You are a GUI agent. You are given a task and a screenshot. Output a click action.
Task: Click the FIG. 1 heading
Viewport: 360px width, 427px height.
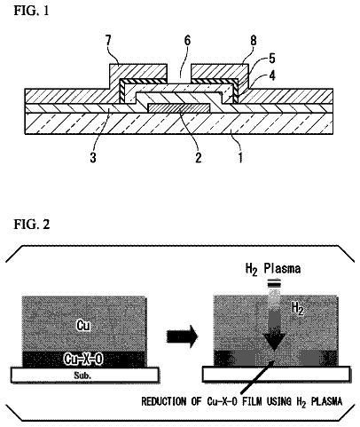click(x=31, y=11)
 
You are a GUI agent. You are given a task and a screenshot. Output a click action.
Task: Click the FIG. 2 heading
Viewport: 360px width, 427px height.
click(x=32, y=225)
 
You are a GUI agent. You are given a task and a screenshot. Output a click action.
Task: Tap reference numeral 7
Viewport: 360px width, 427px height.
click(x=108, y=41)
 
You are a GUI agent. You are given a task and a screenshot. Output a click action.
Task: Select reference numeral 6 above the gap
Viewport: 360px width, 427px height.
click(x=187, y=41)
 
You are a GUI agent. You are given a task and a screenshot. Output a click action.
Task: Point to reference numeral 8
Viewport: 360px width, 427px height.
click(x=254, y=41)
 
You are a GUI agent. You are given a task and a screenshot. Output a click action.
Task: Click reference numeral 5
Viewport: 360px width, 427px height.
click(x=272, y=59)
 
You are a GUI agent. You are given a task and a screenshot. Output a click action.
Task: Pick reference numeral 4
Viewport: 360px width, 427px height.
click(x=272, y=75)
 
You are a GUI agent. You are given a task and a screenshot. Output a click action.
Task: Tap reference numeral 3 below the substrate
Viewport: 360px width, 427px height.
click(x=93, y=157)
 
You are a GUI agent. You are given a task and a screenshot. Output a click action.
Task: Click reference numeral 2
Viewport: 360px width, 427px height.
click(x=199, y=157)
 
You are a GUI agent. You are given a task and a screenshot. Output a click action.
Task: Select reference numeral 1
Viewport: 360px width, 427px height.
click(x=241, y=157)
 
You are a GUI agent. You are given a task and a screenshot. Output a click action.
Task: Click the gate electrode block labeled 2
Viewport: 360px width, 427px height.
click(x=179, y=108)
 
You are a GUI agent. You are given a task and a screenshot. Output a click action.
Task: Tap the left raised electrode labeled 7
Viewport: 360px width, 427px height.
click(x=138, y=72)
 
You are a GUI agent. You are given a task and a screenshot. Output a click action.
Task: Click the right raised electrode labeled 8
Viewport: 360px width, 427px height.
click(x=219, y=72)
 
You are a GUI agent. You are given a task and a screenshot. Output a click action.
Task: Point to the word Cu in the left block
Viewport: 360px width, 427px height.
click(x=83, y=325)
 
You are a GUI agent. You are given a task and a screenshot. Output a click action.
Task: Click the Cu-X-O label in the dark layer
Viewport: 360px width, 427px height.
click(x=83, y=359)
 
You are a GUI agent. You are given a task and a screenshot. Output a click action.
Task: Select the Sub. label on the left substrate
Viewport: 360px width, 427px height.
click(x=82, y=376)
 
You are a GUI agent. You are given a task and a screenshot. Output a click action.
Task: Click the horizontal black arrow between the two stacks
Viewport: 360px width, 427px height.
click(x=182, y=336)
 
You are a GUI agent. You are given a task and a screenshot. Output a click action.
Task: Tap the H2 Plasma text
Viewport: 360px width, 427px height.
click(x=273, y=269)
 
